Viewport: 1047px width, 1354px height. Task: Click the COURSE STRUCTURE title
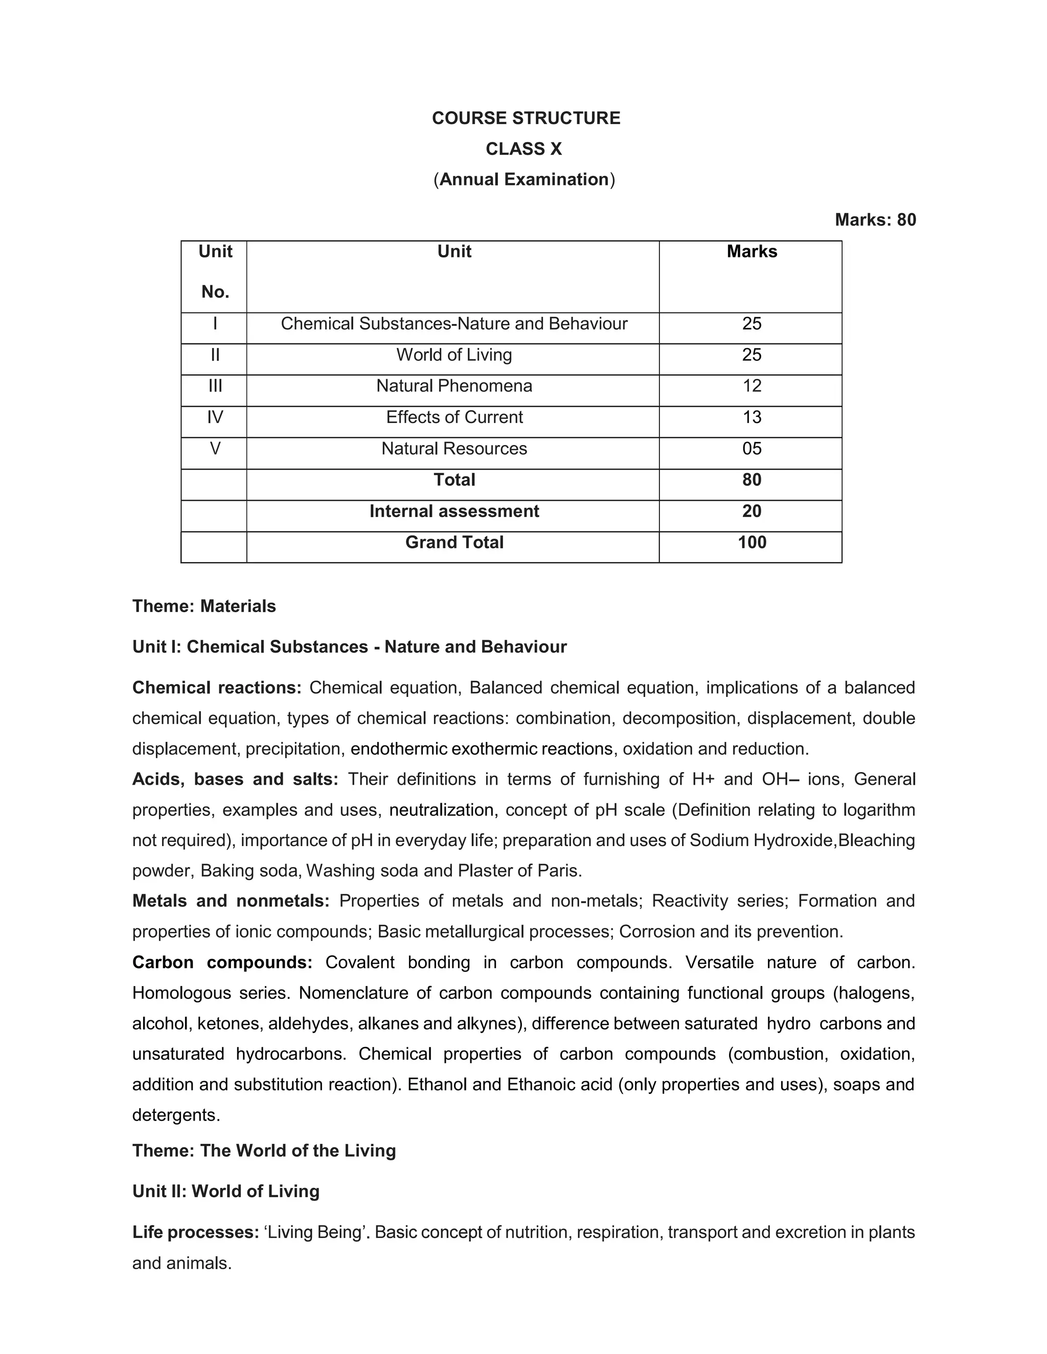pos(526,118)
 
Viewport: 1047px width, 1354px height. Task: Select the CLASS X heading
pos(523,149)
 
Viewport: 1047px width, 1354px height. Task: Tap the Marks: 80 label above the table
pos(875,220)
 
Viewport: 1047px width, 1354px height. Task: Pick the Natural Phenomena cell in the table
pos(454,386)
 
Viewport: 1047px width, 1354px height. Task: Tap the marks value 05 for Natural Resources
pos(751,448)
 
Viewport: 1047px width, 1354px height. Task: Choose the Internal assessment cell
pos(454,511)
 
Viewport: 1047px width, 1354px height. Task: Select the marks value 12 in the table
pos(751,386)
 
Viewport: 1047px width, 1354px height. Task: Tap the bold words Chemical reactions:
pos(216,688)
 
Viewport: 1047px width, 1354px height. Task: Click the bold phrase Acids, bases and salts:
pos(235,779)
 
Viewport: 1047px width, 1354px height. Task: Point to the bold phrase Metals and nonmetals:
pos(231,901)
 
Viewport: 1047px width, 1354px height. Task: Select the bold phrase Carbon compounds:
pos(222,962)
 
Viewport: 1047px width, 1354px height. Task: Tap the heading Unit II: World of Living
pos(226,1191)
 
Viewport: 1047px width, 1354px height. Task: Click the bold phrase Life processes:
pos(195,1232)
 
